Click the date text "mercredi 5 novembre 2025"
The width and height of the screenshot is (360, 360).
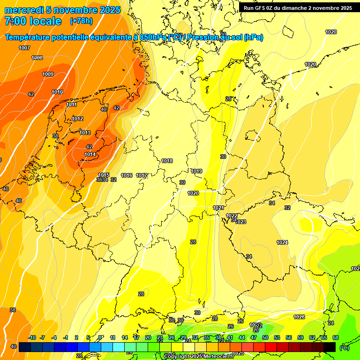click(x=62, y=10)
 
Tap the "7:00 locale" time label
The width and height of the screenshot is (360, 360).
click(x=33, y=21)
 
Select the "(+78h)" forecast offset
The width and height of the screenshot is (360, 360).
click(x=81, y=21)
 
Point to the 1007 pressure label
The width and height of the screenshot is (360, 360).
click(x=24, y=48)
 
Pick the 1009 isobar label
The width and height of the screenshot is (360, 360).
click(x=48, y=75)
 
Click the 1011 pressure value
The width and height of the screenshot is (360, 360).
click(x=72, y=105)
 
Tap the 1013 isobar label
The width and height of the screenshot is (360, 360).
click(x=85, y=133)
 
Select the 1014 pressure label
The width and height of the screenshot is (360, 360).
click(x=90, y=155)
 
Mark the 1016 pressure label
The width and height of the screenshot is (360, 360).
click(x=127, y=176)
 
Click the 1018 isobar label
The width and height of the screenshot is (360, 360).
click(x=167, y=161)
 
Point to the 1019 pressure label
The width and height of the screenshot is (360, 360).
click(x=197, y=172)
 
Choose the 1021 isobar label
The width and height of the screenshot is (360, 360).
click(x=218, y=208)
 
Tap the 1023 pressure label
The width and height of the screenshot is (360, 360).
click(x=241, y=222)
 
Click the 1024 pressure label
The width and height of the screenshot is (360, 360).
click(x=282, y=243)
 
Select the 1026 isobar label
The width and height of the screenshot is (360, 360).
click(x=299, y=317)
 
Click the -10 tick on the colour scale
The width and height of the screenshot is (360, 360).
click(x=32, y=338)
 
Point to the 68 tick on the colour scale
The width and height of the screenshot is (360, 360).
click(x=336, y=338)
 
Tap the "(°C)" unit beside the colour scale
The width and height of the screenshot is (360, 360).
click(x=345, y=347)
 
